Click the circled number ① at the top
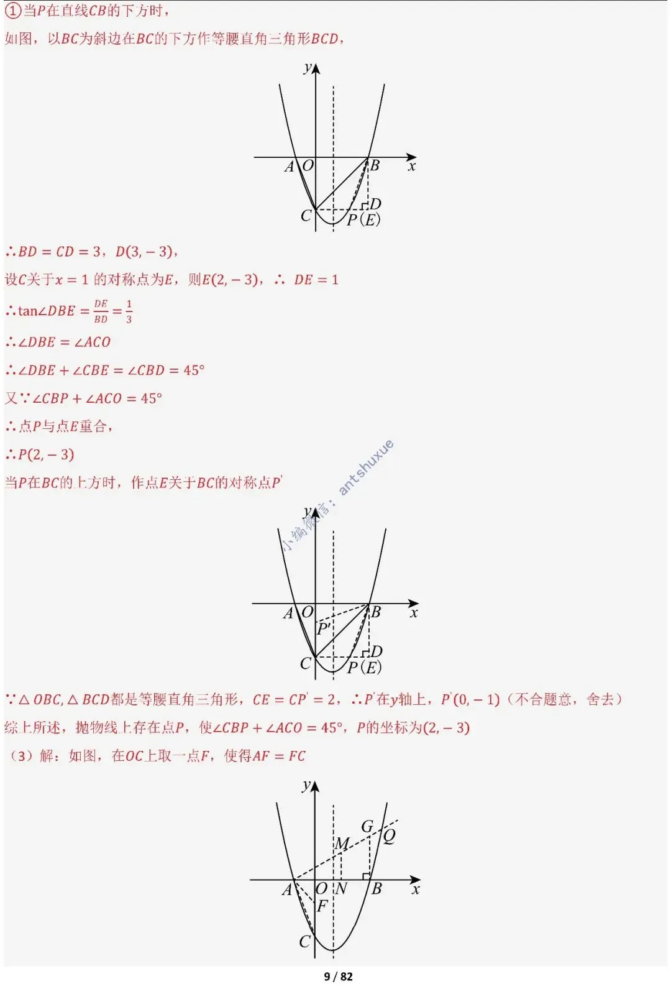pos(13,11)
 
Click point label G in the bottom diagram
pos(367,826)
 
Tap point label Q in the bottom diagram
pos(390,836)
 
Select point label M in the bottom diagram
pos(342,844)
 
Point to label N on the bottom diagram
pos(341,889)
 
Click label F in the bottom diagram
pos(322,906)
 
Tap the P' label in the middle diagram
pos(324,628)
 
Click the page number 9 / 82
pos(338,977)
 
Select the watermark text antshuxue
pos(366,467)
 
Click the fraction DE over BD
pos(101,311)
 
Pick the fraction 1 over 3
pos(129,311)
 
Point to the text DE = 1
pos(316,280)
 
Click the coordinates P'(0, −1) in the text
pos(470,699)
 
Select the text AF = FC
pos(279,756)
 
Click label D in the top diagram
pos(375,204)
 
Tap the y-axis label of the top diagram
pos(308,68)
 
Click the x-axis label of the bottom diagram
pos(416,890)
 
